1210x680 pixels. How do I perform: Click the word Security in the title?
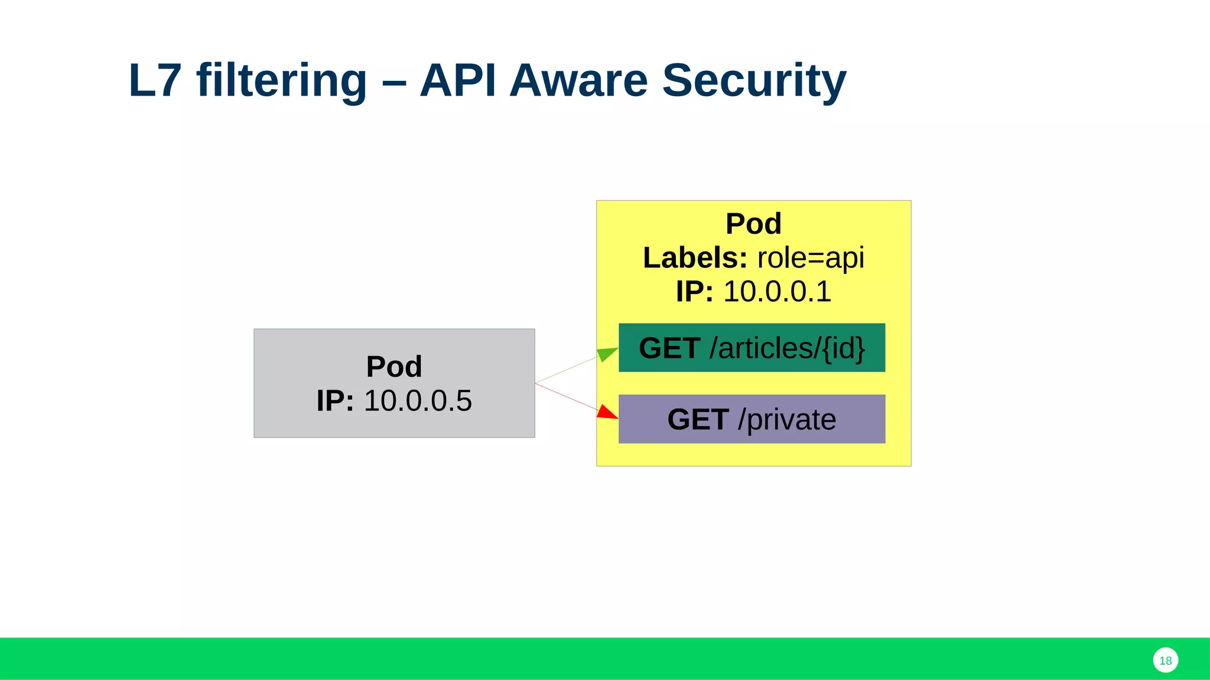pyautogui.click(x=754, y=80)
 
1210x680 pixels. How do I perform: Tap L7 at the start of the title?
pyautogui.click(x=154, y=80)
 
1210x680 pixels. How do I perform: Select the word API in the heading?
pyautogui.click(x=457, y=80)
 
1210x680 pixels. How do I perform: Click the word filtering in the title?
pyautogui.click(x=282, y=80)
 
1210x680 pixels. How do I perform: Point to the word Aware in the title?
pyautogui.click(x=578, y=80)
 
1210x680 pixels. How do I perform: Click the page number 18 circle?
pyautogui.click(x=1165, y=661)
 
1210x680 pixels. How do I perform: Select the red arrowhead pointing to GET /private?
pyautogui.click(x=607, y=412)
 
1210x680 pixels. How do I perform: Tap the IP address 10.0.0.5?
pyautogui.click(x=418, y=401)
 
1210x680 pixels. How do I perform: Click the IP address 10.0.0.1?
pyautogui.click(x=777, y=292)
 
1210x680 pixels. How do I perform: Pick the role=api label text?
pyautogui.click(x=810, y=258)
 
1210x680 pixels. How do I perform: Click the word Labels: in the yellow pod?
pyautogui.click(x=695, y=258)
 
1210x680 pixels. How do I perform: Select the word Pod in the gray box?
pyautogui.click(x=394, y=367)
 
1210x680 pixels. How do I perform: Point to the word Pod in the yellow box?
pyautogui.click(x=753, y=224)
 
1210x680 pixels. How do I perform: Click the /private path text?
pyautogui.click(x=786, y=420)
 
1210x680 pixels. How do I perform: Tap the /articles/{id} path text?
pyautogui.click(x=787, y=348)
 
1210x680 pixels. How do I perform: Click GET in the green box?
pyautogui.click(x=669, y=348)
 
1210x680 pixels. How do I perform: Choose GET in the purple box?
pyautogui.click(x=698, y=420)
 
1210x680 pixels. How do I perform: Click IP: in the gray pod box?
pyautogui.click(x=335, y=401)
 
